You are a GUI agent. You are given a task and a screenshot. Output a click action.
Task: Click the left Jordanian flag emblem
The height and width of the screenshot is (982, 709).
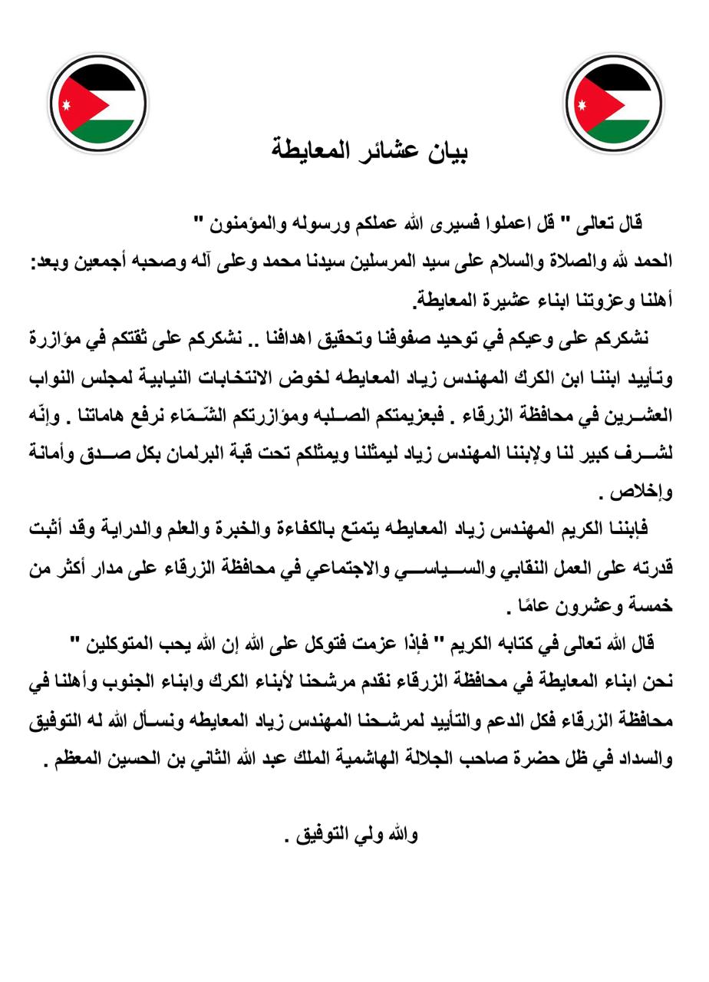point(97,104)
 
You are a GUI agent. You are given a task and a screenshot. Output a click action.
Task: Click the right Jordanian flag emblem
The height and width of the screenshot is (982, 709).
point(614,104)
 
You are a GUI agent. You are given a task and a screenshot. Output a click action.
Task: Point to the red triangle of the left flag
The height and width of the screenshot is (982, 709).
point(68,104)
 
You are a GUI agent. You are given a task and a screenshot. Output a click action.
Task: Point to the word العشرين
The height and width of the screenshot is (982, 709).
point(641,418)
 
